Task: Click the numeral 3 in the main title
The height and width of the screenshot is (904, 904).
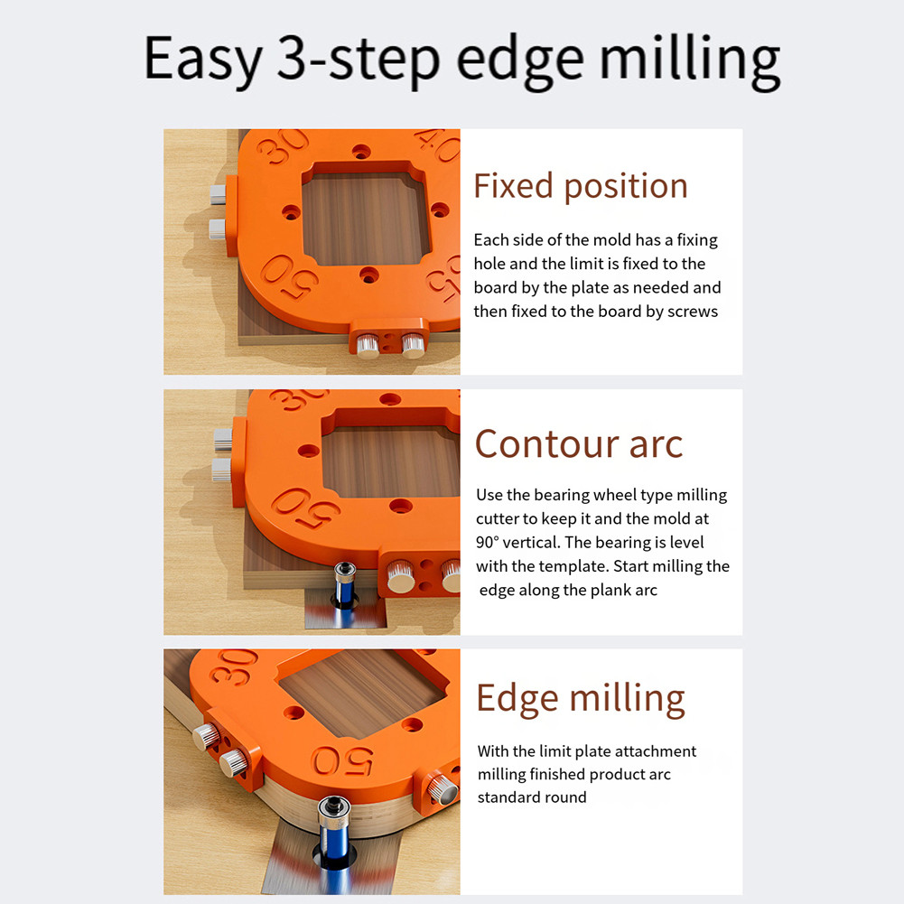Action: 297,59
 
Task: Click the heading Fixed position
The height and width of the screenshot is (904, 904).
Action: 581,186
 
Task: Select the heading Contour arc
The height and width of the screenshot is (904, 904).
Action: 579,443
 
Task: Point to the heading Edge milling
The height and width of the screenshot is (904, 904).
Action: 581,697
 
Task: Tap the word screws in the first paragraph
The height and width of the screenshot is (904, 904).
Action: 691,312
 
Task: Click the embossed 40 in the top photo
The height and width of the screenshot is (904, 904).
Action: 440,145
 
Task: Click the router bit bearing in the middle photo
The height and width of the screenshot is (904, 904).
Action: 344,573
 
